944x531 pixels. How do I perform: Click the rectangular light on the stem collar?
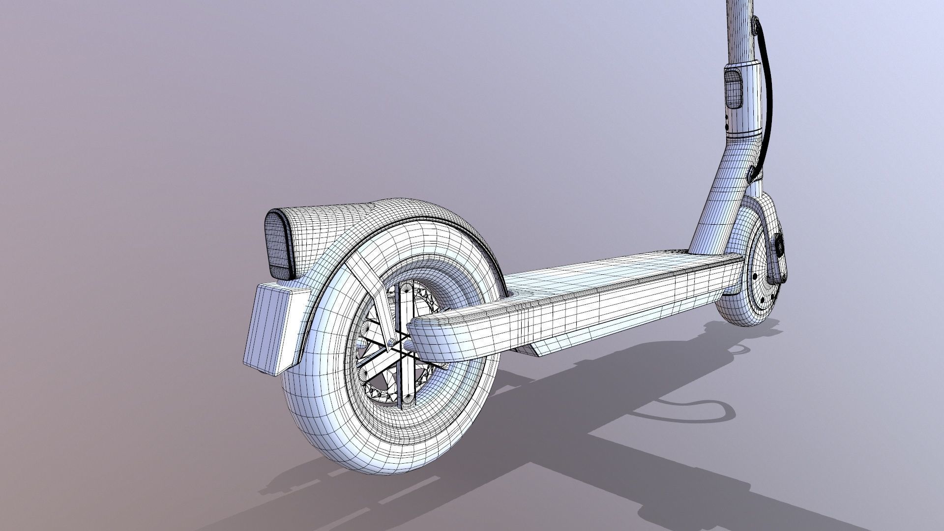click(x=733, y=88)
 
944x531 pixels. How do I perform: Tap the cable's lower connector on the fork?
click(x=752, y=173)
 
